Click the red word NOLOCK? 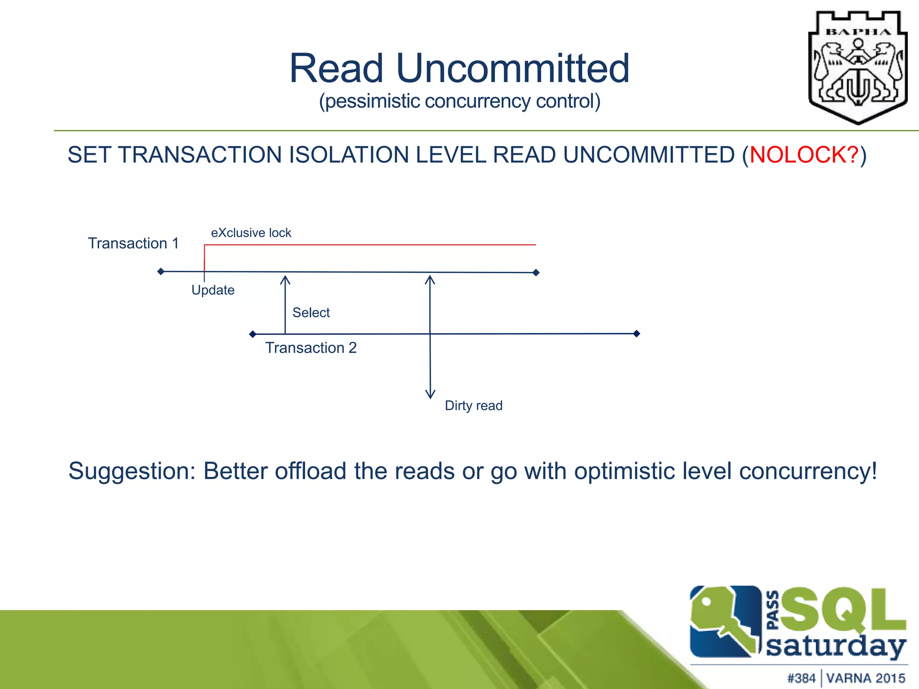(804, 155)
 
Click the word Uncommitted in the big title (513, 69)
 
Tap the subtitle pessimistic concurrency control (459, 101)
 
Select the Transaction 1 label (133, 244)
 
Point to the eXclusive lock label (251, 233)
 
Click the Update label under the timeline (213, 290)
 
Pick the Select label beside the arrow (311, 313)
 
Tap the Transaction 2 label (311, 348)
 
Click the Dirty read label (473, 406)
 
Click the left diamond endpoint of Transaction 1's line (161, 271)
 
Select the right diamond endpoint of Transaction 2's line (636, 333)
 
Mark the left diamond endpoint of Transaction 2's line (253, 334)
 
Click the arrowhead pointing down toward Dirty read (430, 395)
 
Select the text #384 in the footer (801, 678)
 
